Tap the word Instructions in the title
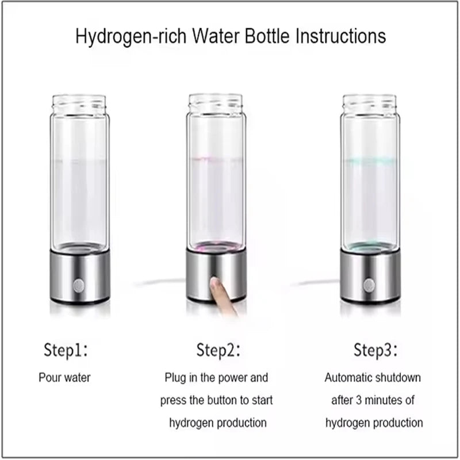(x=340, y=36)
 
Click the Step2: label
(x=218, y=349)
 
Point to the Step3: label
(x=375, y=349)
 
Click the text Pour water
(x=64, y=378)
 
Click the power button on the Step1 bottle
(x=79, y=285)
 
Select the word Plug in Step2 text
(x=175, y=378)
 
